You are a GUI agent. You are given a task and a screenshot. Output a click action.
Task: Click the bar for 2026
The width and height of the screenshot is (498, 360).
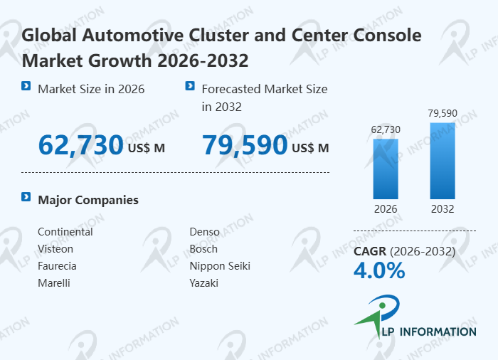click(386, 169)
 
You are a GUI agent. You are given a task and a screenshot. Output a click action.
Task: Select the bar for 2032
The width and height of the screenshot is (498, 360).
click(443, 161)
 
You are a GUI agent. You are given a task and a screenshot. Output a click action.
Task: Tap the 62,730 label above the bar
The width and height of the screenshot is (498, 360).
click(386, 129)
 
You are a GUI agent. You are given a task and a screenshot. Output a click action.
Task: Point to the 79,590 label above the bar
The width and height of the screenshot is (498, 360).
click(443, 113)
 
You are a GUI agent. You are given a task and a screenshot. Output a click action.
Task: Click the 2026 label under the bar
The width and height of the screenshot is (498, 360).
click(386, 209)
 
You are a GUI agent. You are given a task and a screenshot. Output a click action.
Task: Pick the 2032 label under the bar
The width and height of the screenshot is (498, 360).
click(443, 209)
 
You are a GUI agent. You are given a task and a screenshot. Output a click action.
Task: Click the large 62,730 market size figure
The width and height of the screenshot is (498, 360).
click(81, 145)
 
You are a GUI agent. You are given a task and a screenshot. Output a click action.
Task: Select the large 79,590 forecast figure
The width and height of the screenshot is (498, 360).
click(245, 145)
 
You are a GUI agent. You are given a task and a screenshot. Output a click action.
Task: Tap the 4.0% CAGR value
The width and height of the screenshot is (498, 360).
click(379, 270)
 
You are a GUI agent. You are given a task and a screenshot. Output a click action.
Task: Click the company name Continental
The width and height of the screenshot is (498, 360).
click(65, 232)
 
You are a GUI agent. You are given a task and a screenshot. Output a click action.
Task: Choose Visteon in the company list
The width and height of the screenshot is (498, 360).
click(55, 249)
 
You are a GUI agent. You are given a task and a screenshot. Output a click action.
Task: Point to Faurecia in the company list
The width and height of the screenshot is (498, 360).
click(57, 266)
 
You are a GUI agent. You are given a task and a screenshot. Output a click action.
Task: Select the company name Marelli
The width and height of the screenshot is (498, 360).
click(54, 283)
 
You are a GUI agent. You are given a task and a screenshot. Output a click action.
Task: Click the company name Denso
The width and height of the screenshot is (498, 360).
click(204, 232)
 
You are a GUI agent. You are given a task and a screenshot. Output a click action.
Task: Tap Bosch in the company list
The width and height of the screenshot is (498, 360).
click(203, 249)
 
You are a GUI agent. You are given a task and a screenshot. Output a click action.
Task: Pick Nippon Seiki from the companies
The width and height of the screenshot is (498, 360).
click(220, 266)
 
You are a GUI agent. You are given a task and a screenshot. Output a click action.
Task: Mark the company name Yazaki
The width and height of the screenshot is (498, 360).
click(203, 283)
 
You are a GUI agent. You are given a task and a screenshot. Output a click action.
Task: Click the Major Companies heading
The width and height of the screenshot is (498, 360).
click(88, 200)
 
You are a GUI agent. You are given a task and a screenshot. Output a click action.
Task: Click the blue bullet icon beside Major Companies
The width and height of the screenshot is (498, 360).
click(26, 197)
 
